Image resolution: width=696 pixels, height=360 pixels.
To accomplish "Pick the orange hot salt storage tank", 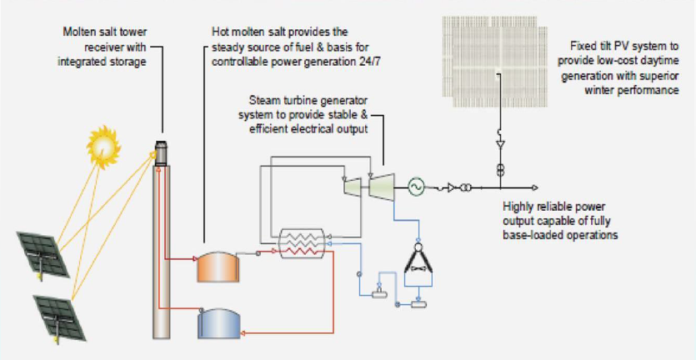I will point(217,266).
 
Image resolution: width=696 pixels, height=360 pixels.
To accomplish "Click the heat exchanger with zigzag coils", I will point(303,242).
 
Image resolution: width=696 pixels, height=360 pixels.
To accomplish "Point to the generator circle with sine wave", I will point(414,187).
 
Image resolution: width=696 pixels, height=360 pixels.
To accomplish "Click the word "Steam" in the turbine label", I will point(276,100).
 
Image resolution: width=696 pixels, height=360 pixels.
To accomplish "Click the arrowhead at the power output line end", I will point(535,187).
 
